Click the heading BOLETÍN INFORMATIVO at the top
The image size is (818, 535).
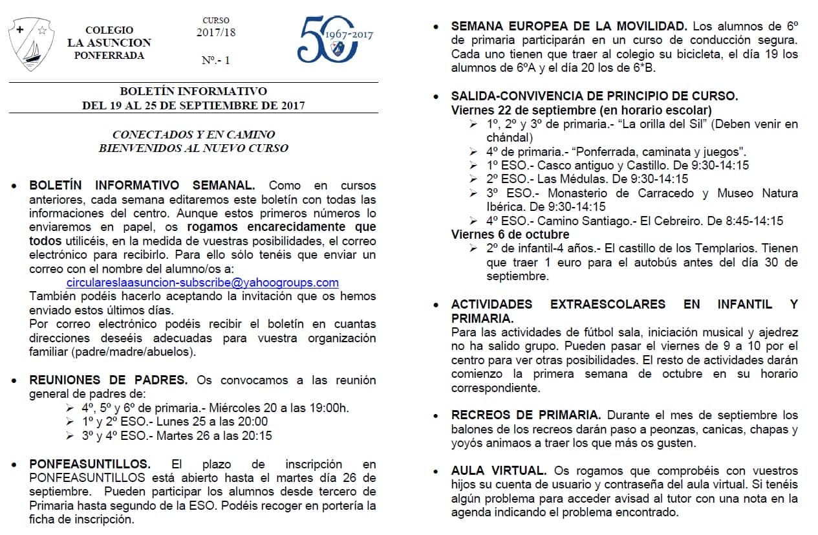pyautogui.click(x=193, y=91)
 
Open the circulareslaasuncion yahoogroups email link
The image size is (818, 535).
pyautogui.click(x=202, y=283)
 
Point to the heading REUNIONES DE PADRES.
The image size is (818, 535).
pyautogui.click(x=109, y=380)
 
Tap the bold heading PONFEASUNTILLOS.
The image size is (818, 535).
pyautogui.click(x=90, y=464)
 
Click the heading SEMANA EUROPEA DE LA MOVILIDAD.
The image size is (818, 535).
pyautogui.click(x=568, y=27)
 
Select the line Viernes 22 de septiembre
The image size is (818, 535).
pyautogui.click(x=581, y=110)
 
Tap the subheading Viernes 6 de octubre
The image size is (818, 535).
pyautogui.click(x=510, y=234)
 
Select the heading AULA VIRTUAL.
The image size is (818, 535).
pyautogui.click(x=499, y=470)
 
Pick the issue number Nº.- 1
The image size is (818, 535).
pyautogui.click(x=215, y=60)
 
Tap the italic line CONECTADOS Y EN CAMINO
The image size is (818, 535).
pyautogui.click(x=193, y=135)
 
